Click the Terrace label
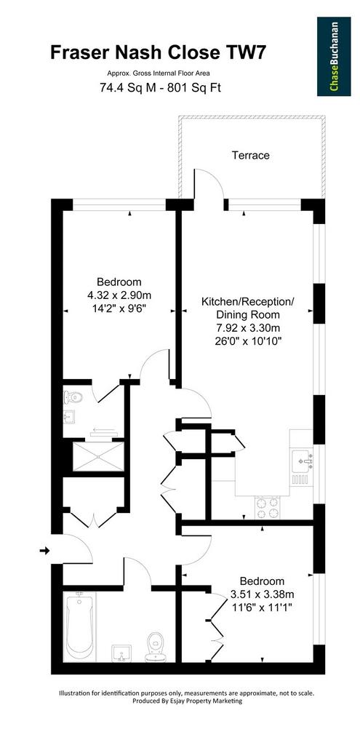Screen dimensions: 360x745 point(251,155)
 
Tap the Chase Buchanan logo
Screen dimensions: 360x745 point(334,57)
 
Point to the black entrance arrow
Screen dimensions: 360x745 point(44,551)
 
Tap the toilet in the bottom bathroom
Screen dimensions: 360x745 point(156,647)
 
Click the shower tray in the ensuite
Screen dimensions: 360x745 point(98,456)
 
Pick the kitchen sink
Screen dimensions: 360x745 point(302,460)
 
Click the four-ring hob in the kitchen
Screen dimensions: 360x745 point(268,507)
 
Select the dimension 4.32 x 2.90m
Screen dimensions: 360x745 point(119,295)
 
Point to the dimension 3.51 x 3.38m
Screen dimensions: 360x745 point(262,594)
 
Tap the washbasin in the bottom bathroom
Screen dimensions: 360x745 point(122,653)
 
